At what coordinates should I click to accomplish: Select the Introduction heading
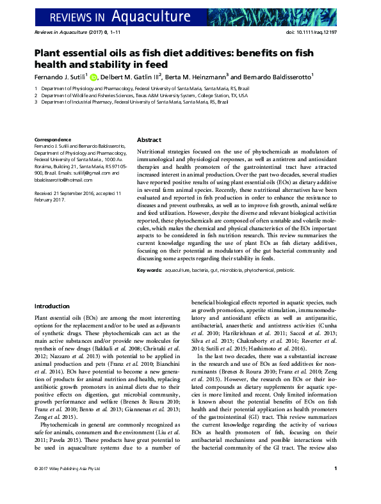(52, 306)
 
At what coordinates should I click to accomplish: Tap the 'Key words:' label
(149, 271)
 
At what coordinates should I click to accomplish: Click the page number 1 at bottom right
(336, 487)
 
